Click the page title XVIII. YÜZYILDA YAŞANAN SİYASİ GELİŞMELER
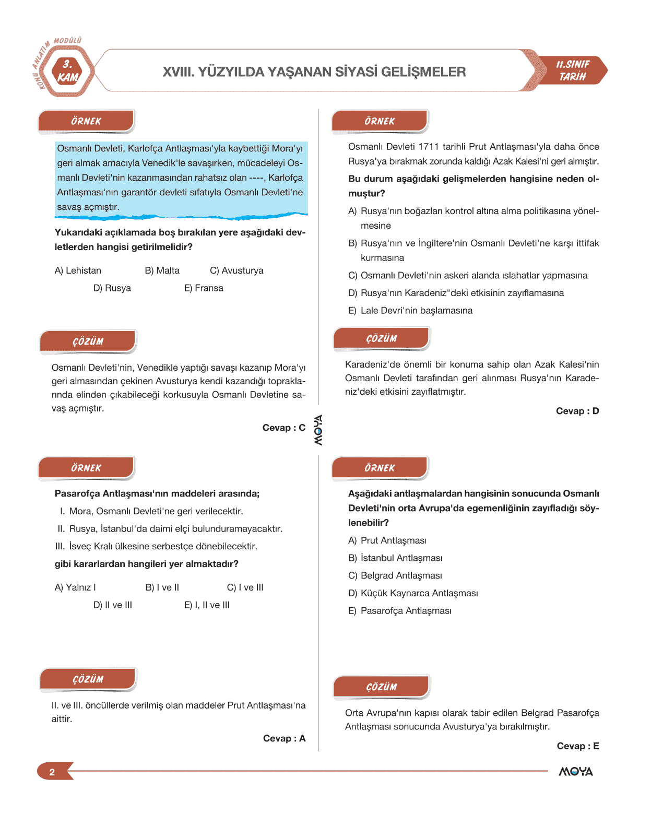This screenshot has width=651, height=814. pyautogui.click(x=314, y=72)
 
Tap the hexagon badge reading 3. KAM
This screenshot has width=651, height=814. pyautogui.click(x=67, y=72)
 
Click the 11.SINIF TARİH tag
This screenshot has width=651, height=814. pyautogui.click(x=573, y=70)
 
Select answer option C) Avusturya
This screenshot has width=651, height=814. pyautogui.click(x=236, y=270)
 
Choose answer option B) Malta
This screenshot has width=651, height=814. pyautogui.click(x=162, y=270)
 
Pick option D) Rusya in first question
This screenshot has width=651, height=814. pyautogui.click(x=112, y=288)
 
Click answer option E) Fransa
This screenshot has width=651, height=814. pyautogui.click(x=204, y=288)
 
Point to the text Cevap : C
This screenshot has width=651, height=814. pyautogui.click(x=283, y=428)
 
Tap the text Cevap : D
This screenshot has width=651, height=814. pyautogui.click(x=577, y=411)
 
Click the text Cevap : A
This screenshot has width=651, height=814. pyautogui.click(x=284, y=738)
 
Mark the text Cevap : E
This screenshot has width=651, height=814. pyautogui.click(x=577, y=746)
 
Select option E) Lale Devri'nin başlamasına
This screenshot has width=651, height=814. pyautogui.click(x=410, y=311)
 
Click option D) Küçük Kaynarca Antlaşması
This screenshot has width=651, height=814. pyautogui.click(x=413, y=593)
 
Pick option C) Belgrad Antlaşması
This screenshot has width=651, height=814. pyautogui.click(x=395, y=575)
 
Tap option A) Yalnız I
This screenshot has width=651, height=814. pyautogui.click(x=75, y=587)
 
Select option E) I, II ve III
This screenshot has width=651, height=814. pyautogui.click(x=207, y=605)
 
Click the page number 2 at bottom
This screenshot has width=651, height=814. pyautogui.click(x=52, y=772)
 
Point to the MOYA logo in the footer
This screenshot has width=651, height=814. pyautogui.click(x=575, y=771)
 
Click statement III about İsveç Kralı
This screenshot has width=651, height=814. pyautogui.click(x=156, y=546)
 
